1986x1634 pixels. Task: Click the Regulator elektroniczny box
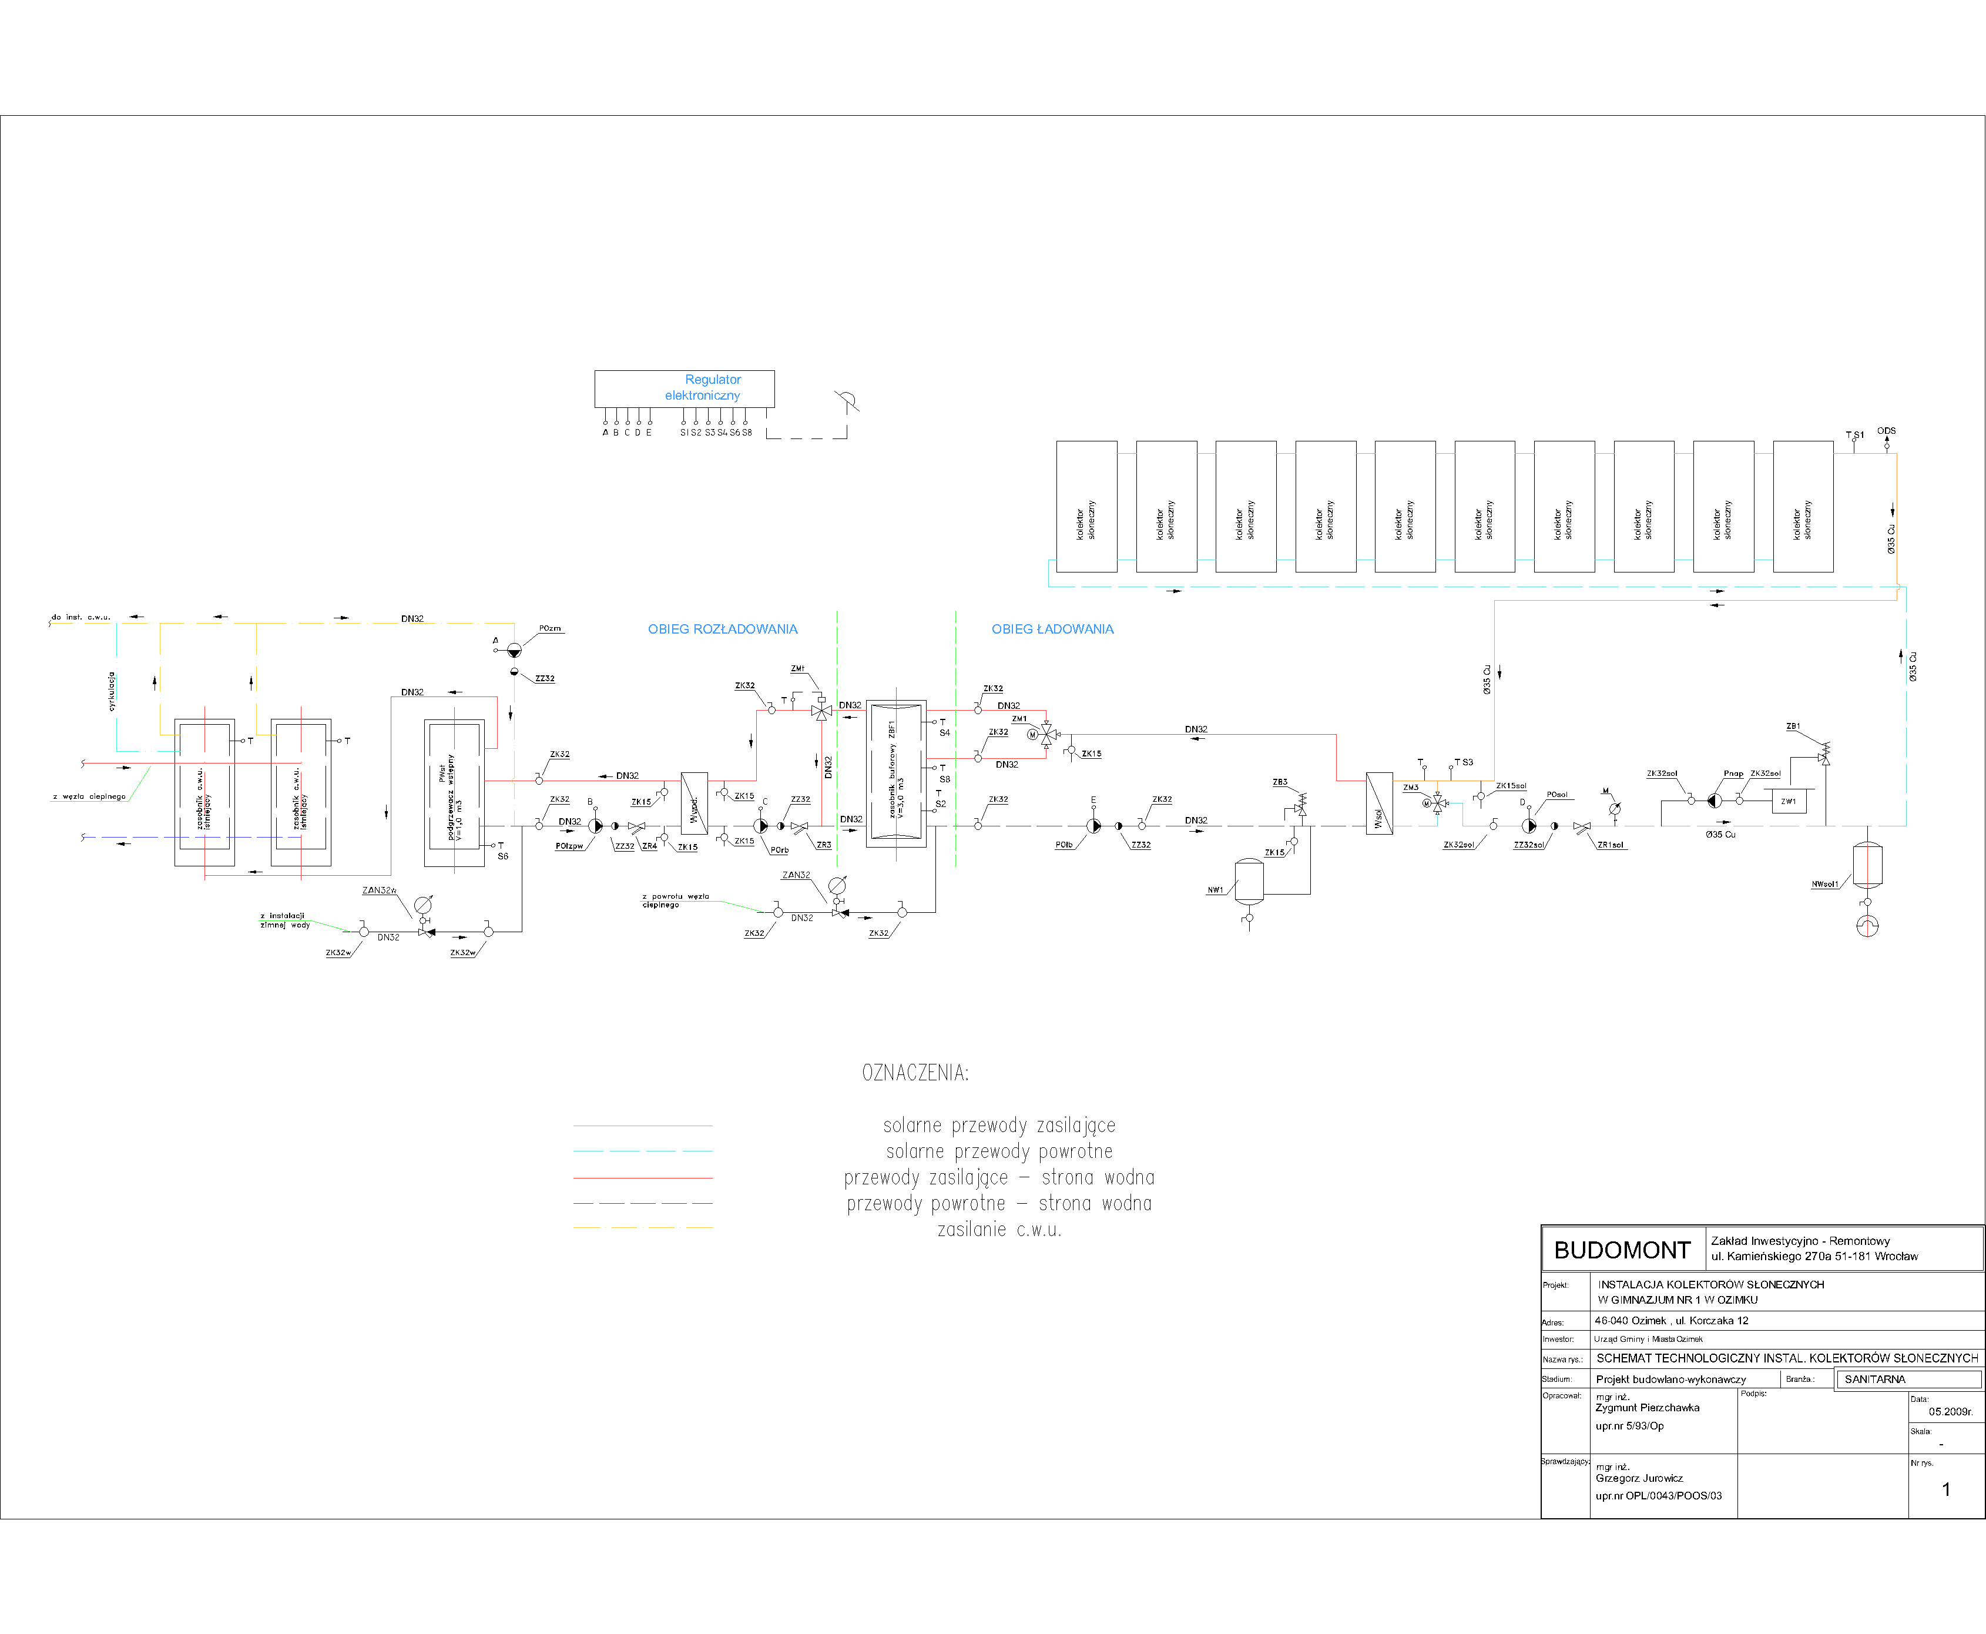point(684,388)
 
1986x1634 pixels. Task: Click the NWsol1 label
point(1824,885)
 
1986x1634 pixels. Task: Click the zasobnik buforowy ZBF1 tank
point(895,774)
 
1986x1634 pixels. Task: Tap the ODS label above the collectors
point(1886,431)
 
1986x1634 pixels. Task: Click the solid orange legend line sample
point(643,1126)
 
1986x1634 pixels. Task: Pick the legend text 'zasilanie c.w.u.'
point(999,1229)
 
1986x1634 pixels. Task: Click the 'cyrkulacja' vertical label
point(111,692)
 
